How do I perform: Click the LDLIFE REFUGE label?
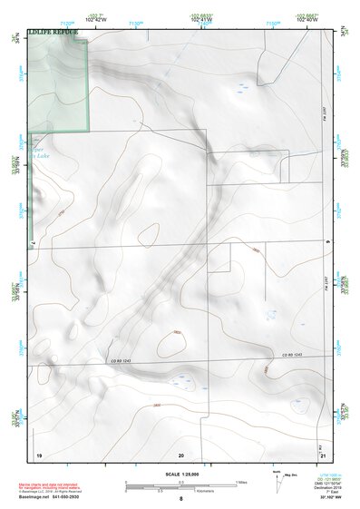click(54, 32)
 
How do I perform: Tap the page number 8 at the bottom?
click(180, 499)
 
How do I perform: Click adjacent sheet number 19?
click(39, 453)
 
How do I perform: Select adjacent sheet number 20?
click(180, 453)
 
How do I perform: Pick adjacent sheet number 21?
click(323, 453)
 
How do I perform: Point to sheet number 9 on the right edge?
click(326, 242)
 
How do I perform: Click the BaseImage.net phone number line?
click(63, 495)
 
